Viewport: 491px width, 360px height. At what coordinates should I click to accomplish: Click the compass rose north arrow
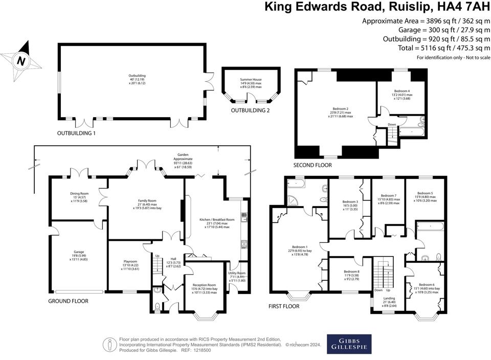tap(20, 61)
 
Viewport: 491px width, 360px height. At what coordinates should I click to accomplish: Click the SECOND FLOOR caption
tap(313, 165)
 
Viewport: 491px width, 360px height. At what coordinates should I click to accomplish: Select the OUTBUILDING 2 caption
tap(250, 110)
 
